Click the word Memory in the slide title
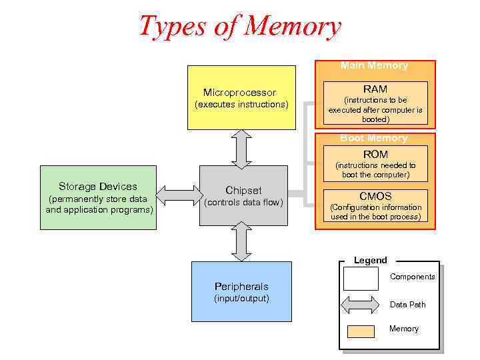tap(293, 27)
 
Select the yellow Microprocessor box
tap(241, 97)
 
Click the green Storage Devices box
tap(98, 198)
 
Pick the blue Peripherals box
tap(241, 292)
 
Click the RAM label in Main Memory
tap(375, 89)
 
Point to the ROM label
tap(375, 154)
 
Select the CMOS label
tap(375, 196)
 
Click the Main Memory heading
tap(374, 65)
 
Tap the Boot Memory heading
tap(374, 138)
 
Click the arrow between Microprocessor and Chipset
tap(241, 148)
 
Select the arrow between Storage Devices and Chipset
tap(178, 195)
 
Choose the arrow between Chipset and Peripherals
tap(241, 241)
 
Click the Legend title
tap(370, 260)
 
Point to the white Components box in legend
tap(360, 278)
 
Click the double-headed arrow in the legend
tap(360, 305)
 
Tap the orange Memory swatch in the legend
tap(361, 331)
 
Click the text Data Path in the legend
tap(407, 305)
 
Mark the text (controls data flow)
tap(243, 203)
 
